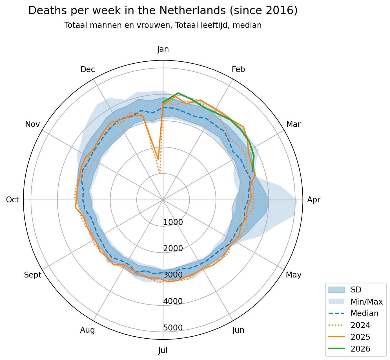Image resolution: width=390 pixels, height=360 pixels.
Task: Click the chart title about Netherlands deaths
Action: coord(163,11)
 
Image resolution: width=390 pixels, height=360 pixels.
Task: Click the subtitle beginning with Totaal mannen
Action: coord(163,25)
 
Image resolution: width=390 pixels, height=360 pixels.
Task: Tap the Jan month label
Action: coord(163,49)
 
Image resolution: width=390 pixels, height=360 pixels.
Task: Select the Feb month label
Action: coord(238,69)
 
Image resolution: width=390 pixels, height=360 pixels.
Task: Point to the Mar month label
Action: coord(293,124)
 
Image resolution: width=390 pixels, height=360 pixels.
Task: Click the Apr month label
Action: coord(314,200)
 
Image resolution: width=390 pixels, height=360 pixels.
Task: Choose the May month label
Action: coord(293,275)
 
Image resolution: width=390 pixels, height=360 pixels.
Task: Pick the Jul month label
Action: coord(163,350)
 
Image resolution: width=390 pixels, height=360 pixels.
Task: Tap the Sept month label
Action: coord(33,275)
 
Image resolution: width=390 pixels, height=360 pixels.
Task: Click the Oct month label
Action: coord(13,200)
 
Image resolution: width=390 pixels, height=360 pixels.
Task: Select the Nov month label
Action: coord(32,124)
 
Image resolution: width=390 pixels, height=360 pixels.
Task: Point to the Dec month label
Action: coord(88,69)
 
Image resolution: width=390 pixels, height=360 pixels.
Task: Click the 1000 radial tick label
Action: coord(173,222)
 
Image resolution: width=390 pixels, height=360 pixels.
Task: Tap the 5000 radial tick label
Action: coord(173,328)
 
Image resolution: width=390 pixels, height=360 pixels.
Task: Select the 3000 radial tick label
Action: coord(173,275)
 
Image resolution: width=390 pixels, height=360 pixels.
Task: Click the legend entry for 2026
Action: coord(360,349)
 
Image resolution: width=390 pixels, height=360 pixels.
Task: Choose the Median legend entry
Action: coord(364,313)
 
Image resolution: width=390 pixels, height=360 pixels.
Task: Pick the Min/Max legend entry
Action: coord(366,302)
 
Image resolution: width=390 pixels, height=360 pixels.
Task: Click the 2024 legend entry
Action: coord(360,325)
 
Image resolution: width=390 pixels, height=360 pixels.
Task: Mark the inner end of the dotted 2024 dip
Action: coord(160,173)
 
